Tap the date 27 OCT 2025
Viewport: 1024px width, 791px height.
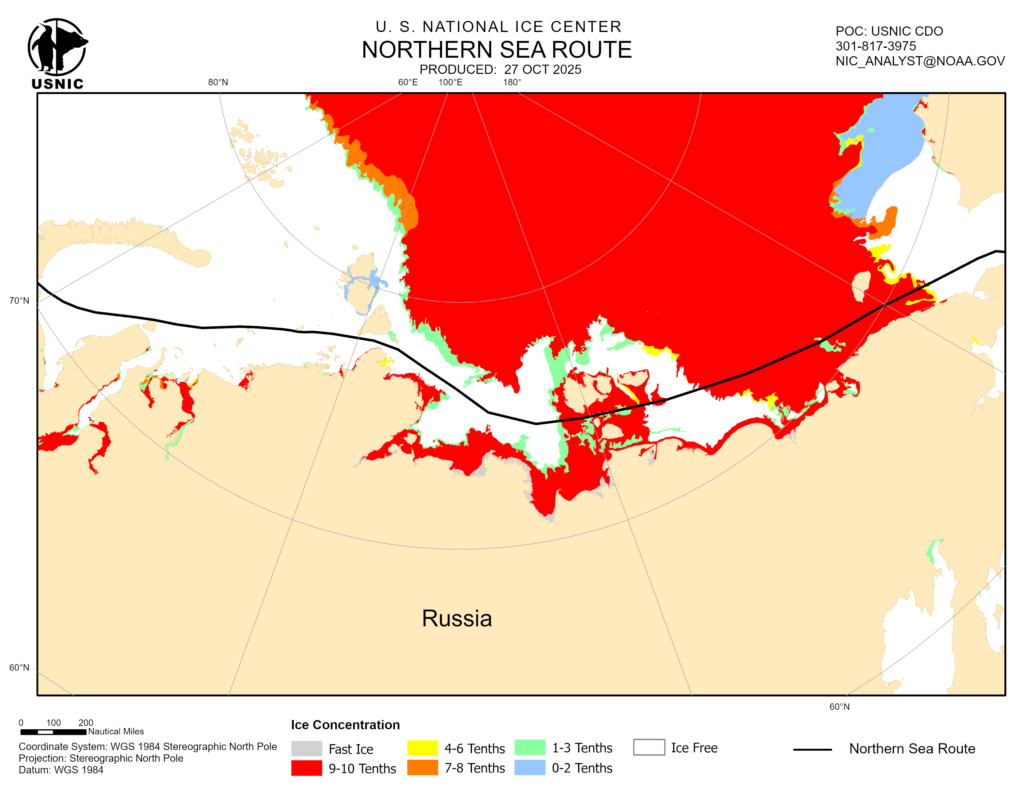(542, 69)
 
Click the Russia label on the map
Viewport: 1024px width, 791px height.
(457, 618)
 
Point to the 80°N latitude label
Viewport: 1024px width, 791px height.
(218, 83)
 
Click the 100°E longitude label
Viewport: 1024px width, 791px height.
(450, 83)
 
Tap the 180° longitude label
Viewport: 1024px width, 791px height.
(512, 83)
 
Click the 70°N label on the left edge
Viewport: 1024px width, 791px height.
(19, 300)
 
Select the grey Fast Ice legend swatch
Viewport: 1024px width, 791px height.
(306, 749)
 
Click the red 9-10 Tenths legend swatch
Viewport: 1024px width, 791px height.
(306, 768)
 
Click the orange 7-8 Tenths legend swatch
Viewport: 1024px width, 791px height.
(422, 767)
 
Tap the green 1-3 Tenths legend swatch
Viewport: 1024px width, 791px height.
(529, 748)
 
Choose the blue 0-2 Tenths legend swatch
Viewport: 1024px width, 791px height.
(529, 767)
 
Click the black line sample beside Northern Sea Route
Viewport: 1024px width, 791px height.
(812, 750)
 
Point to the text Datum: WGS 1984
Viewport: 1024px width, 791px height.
(61, 770)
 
